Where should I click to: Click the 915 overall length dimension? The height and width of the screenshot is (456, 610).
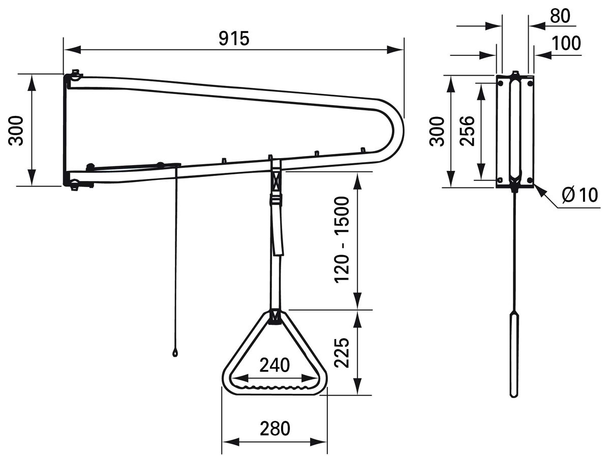234,39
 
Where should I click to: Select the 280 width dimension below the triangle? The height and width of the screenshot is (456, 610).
275,429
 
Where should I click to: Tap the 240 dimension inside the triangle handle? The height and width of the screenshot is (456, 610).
274,365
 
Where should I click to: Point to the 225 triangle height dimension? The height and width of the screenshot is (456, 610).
342,353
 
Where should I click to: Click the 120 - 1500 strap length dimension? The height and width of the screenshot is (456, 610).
342,240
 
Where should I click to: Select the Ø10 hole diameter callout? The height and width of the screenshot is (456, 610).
579,195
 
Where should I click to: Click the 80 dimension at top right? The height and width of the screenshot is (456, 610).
560,16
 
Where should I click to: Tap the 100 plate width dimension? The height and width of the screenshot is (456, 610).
566,43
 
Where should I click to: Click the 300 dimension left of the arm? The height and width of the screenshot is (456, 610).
16,131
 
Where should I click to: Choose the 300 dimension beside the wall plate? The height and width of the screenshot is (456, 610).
437,131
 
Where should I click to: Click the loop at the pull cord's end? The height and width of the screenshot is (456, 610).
175,353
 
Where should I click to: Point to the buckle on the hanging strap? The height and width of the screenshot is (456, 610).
276,199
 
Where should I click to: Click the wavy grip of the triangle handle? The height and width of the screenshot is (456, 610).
274,387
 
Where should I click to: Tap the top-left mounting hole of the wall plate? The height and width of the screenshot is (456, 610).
501,83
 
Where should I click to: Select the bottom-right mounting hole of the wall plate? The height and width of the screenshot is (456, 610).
530,180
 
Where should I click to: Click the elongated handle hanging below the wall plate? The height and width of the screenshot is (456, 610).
514,355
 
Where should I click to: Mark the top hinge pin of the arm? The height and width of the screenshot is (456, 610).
75,76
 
